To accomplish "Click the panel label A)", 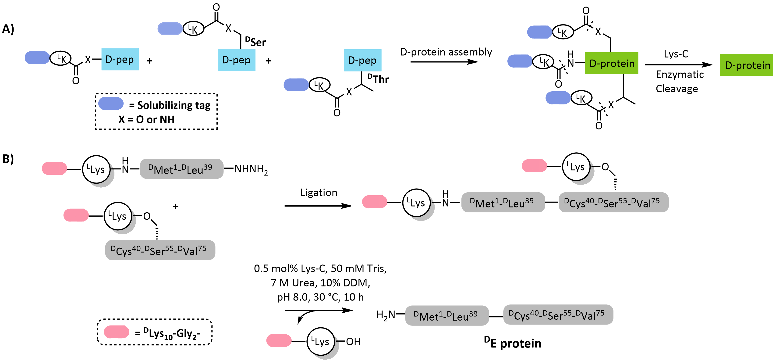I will [8, 29].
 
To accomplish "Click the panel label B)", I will [8, 159].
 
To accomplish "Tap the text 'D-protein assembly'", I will [446, 52].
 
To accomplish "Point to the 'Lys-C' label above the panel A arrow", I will [676, 54].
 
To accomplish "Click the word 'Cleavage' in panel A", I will [677, 89].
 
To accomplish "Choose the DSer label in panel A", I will [255, 42].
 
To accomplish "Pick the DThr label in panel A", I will [378, 79].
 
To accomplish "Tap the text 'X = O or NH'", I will [146, 120].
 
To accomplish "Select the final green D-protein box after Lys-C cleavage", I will [746, 65].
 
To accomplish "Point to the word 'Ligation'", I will [319, 193].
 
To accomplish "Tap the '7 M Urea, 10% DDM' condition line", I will [320, 283].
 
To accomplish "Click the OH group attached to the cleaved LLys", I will [353, 342].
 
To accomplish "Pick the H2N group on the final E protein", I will [386, 315].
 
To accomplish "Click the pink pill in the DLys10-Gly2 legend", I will [117, 332].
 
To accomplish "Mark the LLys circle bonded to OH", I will [321, 341].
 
